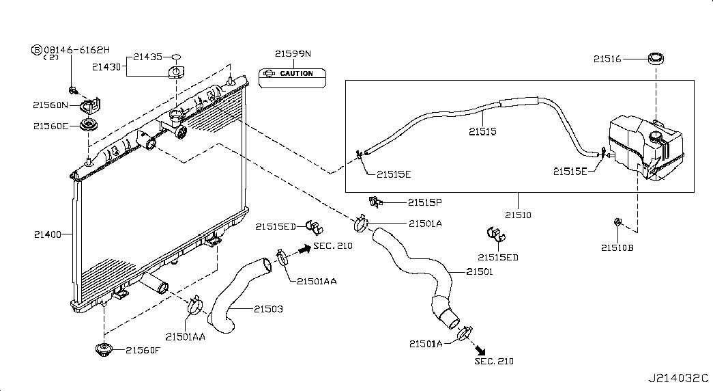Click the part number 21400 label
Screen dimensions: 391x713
(x=47, y=234)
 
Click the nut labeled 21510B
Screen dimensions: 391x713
(x=617, y=221)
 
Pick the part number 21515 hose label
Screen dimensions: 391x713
(x=482, y=131)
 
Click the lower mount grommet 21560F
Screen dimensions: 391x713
(x=104, y=350)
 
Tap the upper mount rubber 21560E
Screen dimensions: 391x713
(x=87, y=126)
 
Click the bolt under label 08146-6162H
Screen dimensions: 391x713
(x=72, y=89)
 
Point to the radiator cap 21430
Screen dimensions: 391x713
(x=176, y=72)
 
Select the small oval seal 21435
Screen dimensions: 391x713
(x=175, y=57)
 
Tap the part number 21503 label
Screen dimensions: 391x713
(x=268, y=310)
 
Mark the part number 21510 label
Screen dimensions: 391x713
(x=518, y=215)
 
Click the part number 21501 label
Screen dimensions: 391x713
(x=479, y=271)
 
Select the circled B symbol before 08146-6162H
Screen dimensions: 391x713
(x=36, y=49)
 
